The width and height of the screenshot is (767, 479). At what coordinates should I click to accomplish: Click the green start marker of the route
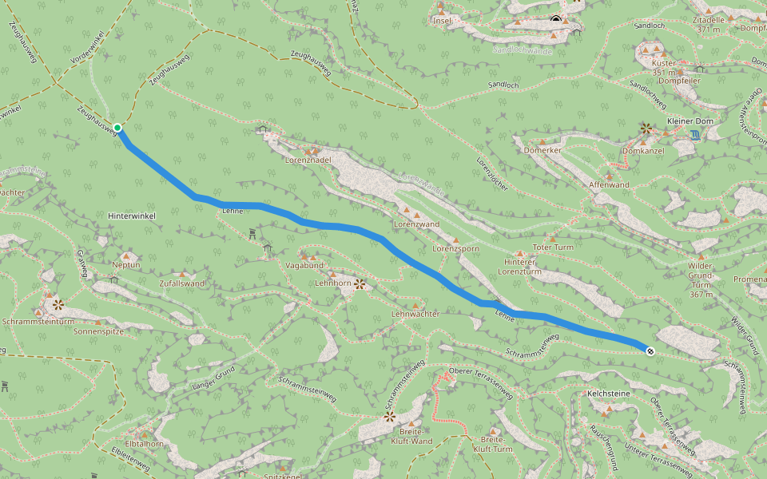click(x=117, y=128)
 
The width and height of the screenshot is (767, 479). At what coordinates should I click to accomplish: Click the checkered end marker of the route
click(x=650, y=350)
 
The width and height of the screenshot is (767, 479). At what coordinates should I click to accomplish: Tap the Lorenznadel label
click(x=308, y=160)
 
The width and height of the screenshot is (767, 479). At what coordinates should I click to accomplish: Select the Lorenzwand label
click(x=415, y=224)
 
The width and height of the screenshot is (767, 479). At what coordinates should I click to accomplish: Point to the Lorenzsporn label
click(x=455, y=249)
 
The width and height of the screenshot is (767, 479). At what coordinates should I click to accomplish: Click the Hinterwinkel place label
click(x=131, y=216)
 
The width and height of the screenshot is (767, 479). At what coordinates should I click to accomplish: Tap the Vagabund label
click(x=304, y=265)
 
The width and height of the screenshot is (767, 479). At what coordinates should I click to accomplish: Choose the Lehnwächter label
click(x=415, y=314)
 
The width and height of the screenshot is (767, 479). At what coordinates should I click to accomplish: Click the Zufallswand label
click(x=181, y=283)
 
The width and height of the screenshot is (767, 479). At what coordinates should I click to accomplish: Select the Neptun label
click(x=126, y=265)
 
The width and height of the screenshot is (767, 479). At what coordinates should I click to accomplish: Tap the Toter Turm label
click(x=554, y=247)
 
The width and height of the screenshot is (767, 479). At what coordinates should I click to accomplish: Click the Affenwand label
click(x=609, y=185)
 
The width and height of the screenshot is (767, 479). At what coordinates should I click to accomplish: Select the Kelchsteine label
click(x=609, y=394)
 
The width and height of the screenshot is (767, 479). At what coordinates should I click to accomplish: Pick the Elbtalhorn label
click(x=144, y=444)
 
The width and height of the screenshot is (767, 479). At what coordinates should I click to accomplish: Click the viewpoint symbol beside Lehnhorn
click(x=360, y=283)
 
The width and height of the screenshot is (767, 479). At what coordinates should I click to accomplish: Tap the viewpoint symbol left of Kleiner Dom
click(x=646, y=128)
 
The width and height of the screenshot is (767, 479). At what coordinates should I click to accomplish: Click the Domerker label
click(x=542, y=150)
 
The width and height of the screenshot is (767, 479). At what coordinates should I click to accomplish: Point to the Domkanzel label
click(x=643, y=150)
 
